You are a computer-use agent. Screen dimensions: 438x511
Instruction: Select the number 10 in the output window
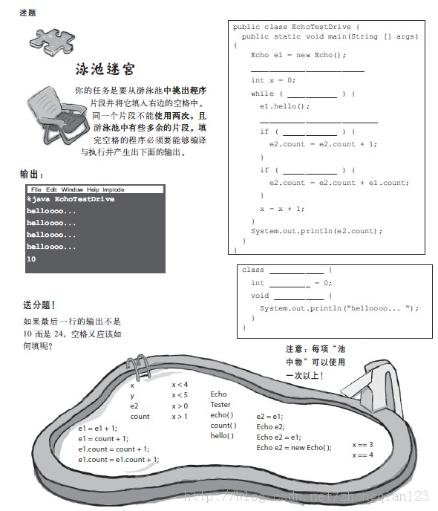point(31,258)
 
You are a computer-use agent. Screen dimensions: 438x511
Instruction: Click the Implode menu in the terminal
point(113,189)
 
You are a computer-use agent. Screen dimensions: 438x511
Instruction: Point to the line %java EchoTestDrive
point(71,199)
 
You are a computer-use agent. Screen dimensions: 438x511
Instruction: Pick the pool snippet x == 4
point(362,455)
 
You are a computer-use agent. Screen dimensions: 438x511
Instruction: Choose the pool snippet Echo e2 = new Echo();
point(293,448)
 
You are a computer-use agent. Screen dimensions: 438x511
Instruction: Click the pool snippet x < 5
point(180,395)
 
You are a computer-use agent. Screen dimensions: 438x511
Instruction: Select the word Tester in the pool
point(220,405)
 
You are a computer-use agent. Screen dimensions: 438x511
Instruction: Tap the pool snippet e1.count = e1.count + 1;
point(119,459)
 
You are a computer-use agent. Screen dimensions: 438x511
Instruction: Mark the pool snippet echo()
point(221,415)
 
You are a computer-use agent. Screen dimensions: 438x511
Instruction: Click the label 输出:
point(32,174)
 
